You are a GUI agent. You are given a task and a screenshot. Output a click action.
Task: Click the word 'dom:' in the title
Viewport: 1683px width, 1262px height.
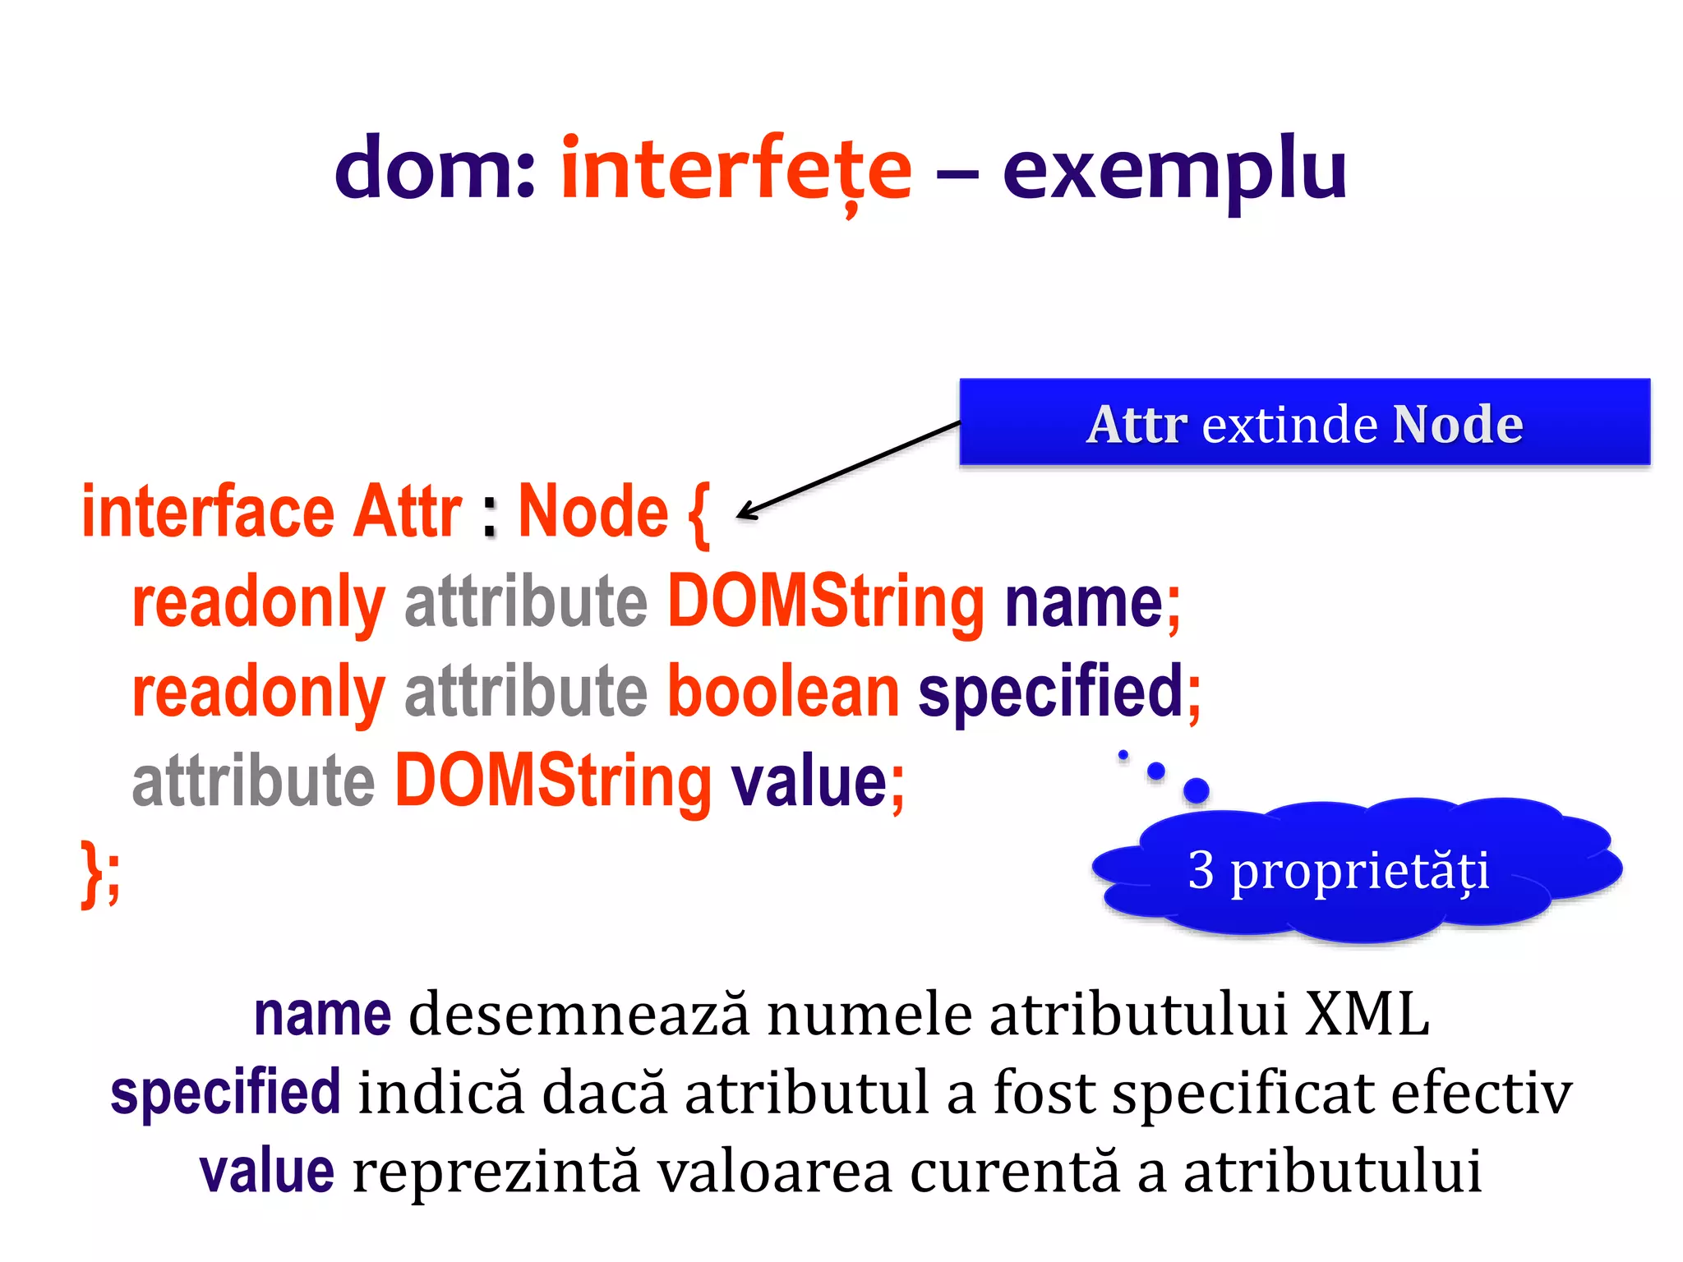coord(435,169)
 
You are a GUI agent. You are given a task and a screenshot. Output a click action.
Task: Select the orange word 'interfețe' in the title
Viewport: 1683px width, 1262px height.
coord(735,169)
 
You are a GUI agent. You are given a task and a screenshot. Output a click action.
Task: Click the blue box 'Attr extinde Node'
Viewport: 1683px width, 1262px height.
coord(1304,423)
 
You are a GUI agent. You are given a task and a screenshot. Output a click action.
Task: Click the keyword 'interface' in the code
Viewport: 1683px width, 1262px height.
coord(207,513)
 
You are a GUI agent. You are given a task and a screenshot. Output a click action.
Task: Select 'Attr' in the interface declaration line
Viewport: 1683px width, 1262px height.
coord(408,513)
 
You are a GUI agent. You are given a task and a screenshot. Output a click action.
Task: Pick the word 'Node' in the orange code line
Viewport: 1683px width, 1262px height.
coord(593,513)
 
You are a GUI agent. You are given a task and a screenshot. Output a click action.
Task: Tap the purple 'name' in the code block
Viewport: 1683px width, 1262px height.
coord(1084,603)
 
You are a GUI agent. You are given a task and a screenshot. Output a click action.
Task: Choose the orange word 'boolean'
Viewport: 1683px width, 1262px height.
coord(783,692)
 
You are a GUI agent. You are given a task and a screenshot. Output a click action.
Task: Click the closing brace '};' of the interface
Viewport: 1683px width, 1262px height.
coord(100,873)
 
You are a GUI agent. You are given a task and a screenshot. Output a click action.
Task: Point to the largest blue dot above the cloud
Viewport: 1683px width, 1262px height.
coord(1196,790)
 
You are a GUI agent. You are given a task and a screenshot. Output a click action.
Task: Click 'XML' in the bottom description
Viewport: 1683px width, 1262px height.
coord(1367,1015)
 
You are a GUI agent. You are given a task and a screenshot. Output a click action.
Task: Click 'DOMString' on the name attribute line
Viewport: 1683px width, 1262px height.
coord(825,603)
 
